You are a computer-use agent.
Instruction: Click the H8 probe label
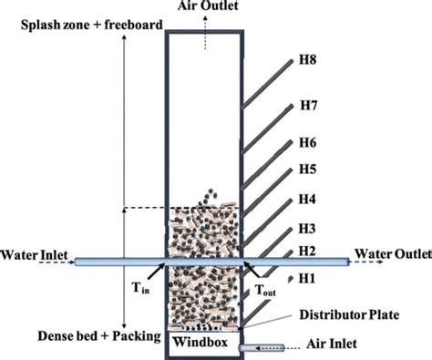coord(308,59)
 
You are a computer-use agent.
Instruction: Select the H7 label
coord(309,106)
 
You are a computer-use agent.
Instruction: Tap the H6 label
coord(308,142)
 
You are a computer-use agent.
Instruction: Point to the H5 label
coord(308,169)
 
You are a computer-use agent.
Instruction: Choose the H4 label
coord(307,199)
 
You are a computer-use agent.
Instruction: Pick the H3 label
coord(307,229)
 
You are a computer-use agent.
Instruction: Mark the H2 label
coord(307,252)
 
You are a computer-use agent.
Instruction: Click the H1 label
coord(307,278)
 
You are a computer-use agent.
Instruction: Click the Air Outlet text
coord(208,5)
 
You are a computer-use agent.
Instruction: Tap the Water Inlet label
coord(34,255)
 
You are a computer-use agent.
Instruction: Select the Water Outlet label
coord(393,254)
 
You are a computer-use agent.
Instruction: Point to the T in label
coord(140,287)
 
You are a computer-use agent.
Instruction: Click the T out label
coord(265,290)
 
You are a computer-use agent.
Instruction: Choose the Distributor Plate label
coord(349,314)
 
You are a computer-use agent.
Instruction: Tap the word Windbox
coord(201,342)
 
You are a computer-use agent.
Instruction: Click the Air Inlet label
coord(332,344)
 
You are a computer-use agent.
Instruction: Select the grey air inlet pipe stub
coord(262,348)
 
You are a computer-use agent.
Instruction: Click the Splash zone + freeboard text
coord(92,25)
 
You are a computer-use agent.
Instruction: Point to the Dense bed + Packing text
coord(99,336)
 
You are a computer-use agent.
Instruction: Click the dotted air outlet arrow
coord(205,33)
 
